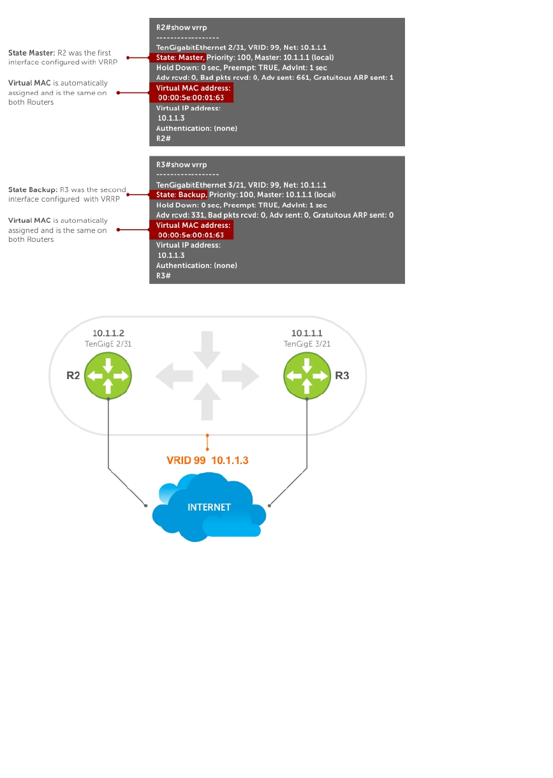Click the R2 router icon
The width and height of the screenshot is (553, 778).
click(108, 375)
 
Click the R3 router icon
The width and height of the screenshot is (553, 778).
click(307, 375)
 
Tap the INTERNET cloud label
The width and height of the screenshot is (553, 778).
click(209, 507)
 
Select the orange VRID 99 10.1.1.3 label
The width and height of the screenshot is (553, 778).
click(207, 460)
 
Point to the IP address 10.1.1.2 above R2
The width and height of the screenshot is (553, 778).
click(108, 333)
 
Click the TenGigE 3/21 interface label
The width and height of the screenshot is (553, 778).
click(307, 343)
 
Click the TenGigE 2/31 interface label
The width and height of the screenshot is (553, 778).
click(108, 343)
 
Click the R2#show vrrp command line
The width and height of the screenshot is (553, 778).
click(182, 27)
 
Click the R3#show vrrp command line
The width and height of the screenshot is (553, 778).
click(182, 165)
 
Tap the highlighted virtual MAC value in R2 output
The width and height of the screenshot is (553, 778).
click(191, 98)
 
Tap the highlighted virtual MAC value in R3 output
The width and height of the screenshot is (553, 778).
click(191, 235)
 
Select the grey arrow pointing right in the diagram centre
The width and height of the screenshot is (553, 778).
click(243, 376)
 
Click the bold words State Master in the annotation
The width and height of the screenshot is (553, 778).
click(32, 53)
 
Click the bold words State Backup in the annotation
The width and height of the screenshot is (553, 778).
click(33, 190)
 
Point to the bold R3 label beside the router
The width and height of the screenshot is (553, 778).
click(342, 375)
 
